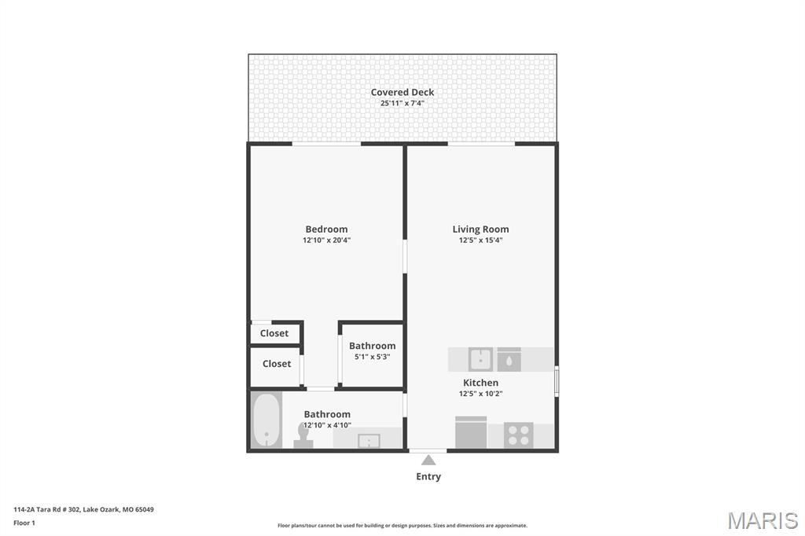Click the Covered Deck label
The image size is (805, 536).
click(402, 92)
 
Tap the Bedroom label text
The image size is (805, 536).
click(326, 229)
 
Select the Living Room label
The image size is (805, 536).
click(480, 229)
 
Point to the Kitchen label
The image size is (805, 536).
click(480, 383)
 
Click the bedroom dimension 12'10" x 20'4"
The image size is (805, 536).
click(326, 240)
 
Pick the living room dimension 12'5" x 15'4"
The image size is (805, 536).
click(480, 240)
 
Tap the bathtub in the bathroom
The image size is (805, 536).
click(266, 420)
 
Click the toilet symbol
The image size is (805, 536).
click(303, 436)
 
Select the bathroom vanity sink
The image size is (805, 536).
click(368, 439)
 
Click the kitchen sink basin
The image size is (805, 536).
click(480, 359)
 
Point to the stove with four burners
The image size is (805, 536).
click(518, 435)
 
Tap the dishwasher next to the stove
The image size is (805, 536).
click(471, 432)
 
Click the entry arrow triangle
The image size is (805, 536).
click(428, 460)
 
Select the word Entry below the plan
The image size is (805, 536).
click(428, 476)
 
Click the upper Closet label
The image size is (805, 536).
click(275, 333)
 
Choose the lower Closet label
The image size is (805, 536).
click(277, 364)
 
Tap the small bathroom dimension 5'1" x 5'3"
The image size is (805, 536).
click(372, 357)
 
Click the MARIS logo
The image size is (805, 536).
click(763, 520)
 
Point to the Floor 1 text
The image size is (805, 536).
click(24, 523)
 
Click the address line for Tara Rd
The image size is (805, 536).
click(83, 509)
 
